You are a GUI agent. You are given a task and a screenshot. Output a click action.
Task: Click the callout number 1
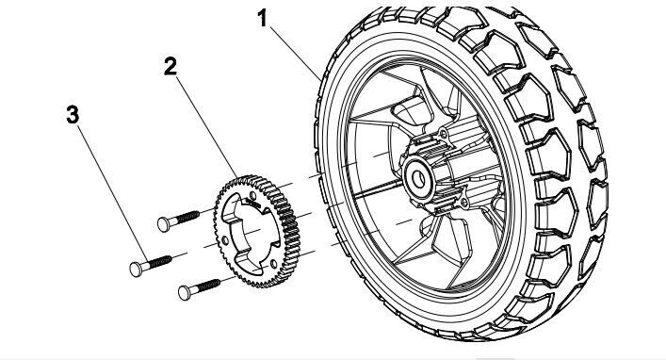pyautogui.click(x=263, y=19)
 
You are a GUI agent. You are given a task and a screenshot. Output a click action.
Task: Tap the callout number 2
pyautogui.click(x=171, y=67)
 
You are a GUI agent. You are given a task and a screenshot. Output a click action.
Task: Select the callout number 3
pyautogui.click(x=73, y=115)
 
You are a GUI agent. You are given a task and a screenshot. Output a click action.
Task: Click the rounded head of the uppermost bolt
pyautogui.click(x=163, y=224)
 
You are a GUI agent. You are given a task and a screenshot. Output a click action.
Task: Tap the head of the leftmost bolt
pyautogui.click(x=136, y=270)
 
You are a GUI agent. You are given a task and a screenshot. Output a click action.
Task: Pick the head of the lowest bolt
pyautogui.click(x=185, y=293)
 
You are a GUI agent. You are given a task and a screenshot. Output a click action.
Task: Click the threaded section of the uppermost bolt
pyautogui.click(x=187, y=217)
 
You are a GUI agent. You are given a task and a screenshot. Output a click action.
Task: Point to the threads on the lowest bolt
pyautogui.click(x=208, y=286)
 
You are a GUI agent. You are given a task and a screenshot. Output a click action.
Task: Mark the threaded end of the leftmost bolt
pyautogui.click(x=160, y=262)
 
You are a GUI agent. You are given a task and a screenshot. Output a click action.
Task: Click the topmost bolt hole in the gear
pyautogui.click(x=253, y=195)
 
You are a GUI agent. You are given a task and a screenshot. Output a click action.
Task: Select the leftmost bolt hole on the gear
pyautogui.click(x=225, y=241)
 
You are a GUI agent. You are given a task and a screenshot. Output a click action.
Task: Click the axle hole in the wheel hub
pyautogui.click(x=419, y=180)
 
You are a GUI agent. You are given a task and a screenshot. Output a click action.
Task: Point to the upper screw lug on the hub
pyautogui.click(x=444, y=135)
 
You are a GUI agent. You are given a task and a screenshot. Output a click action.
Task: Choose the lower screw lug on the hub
pyautogui.click(x=464, y=203)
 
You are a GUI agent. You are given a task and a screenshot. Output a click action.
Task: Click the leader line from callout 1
pyautogui.click(x=296, y=53)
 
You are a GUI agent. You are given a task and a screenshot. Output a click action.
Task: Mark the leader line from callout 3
pyautogui.click(x=113, y=194)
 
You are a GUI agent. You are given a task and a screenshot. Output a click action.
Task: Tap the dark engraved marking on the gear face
pyautogui.click(x=253, y=203)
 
